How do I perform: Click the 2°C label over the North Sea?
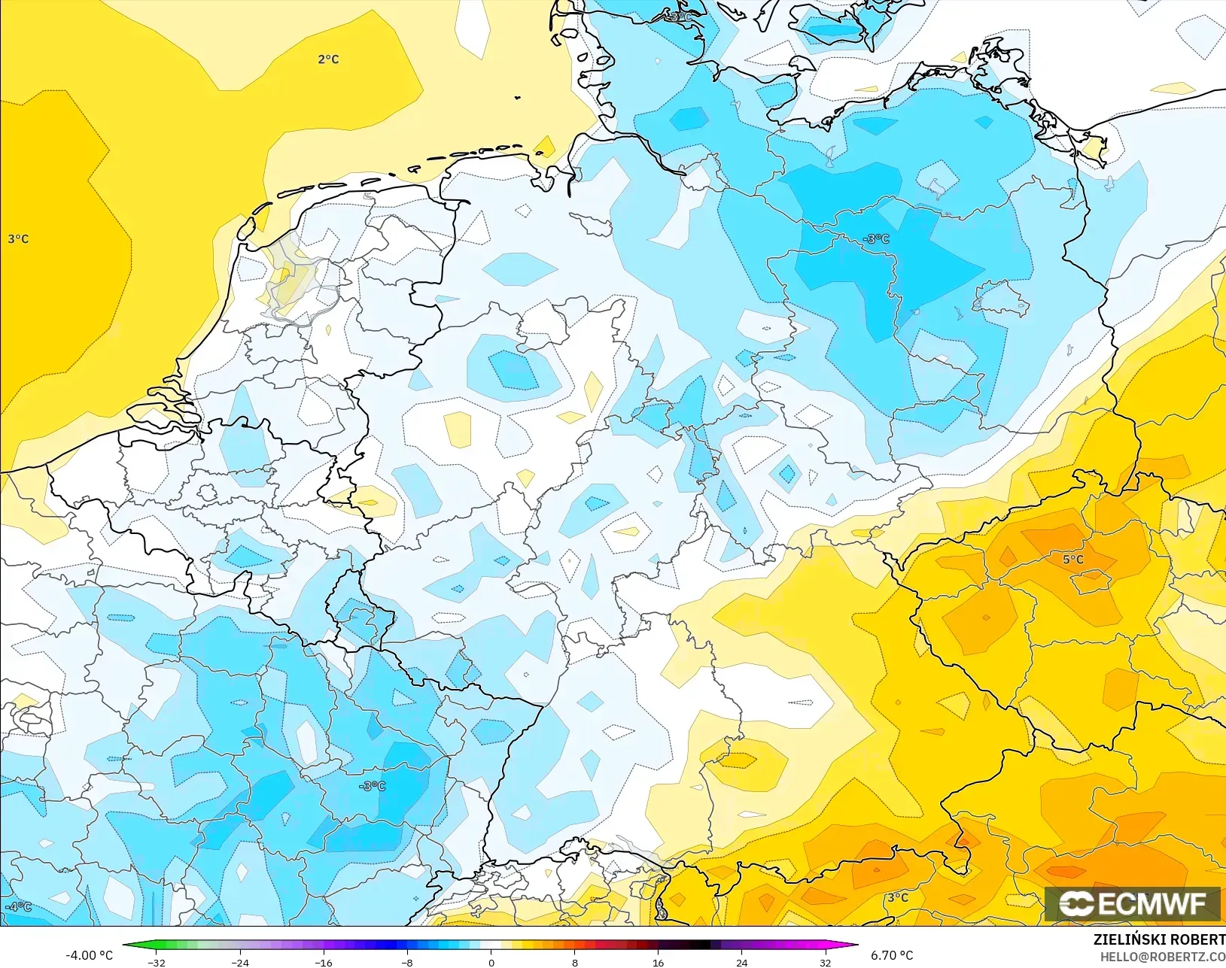coord(328,59)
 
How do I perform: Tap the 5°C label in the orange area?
coord(1073,560)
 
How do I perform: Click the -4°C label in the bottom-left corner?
coord(18,906)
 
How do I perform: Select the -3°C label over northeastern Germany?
coord(876,239)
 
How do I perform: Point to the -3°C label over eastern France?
coord(373,786)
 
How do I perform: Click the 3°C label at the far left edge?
coord(18,239)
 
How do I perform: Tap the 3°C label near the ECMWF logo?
coord(897,897)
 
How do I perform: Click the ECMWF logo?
coord(1132,903)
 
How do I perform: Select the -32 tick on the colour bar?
coord(157,962)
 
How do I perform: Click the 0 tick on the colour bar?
coord(491,962)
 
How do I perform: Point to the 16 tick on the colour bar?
coord(658,962)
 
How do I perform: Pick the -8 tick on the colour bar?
coord(407,962)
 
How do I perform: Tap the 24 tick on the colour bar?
coord(741,962)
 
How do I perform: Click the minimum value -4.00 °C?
coord(89,955)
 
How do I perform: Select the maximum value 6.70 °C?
coord(892,955)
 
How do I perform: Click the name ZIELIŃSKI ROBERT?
coord(1159,940)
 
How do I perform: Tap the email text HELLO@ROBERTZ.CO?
coord(1163,957)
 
